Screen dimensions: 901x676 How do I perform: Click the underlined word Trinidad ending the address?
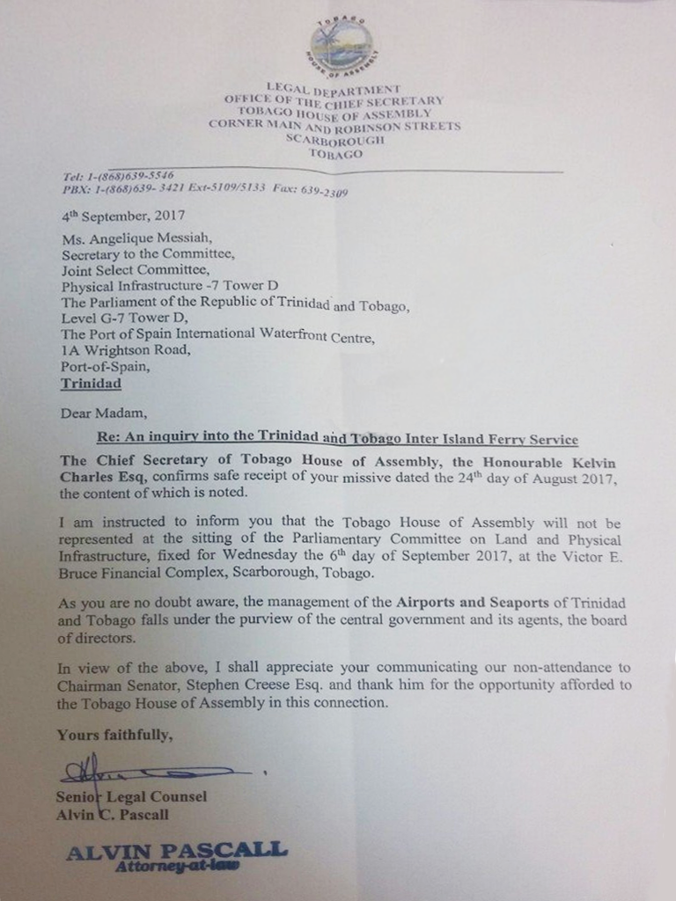pyautogui.click(x=92, y=384)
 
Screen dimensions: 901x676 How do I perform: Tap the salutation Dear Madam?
pyautogui.click(x=98, y=412)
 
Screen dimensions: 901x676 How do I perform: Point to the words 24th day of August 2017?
pyautogui.click(x=518, y=477)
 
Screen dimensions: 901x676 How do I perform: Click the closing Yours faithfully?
pyautogui.click(x=113, y=735)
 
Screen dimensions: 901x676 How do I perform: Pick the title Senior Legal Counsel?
pyautogui.click(x=131, y=797)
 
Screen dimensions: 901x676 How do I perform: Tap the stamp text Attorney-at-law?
pyautogui.click(x=177, y=866)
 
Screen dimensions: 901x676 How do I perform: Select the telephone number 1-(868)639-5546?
pyautogui.click(x=127, y=176)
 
